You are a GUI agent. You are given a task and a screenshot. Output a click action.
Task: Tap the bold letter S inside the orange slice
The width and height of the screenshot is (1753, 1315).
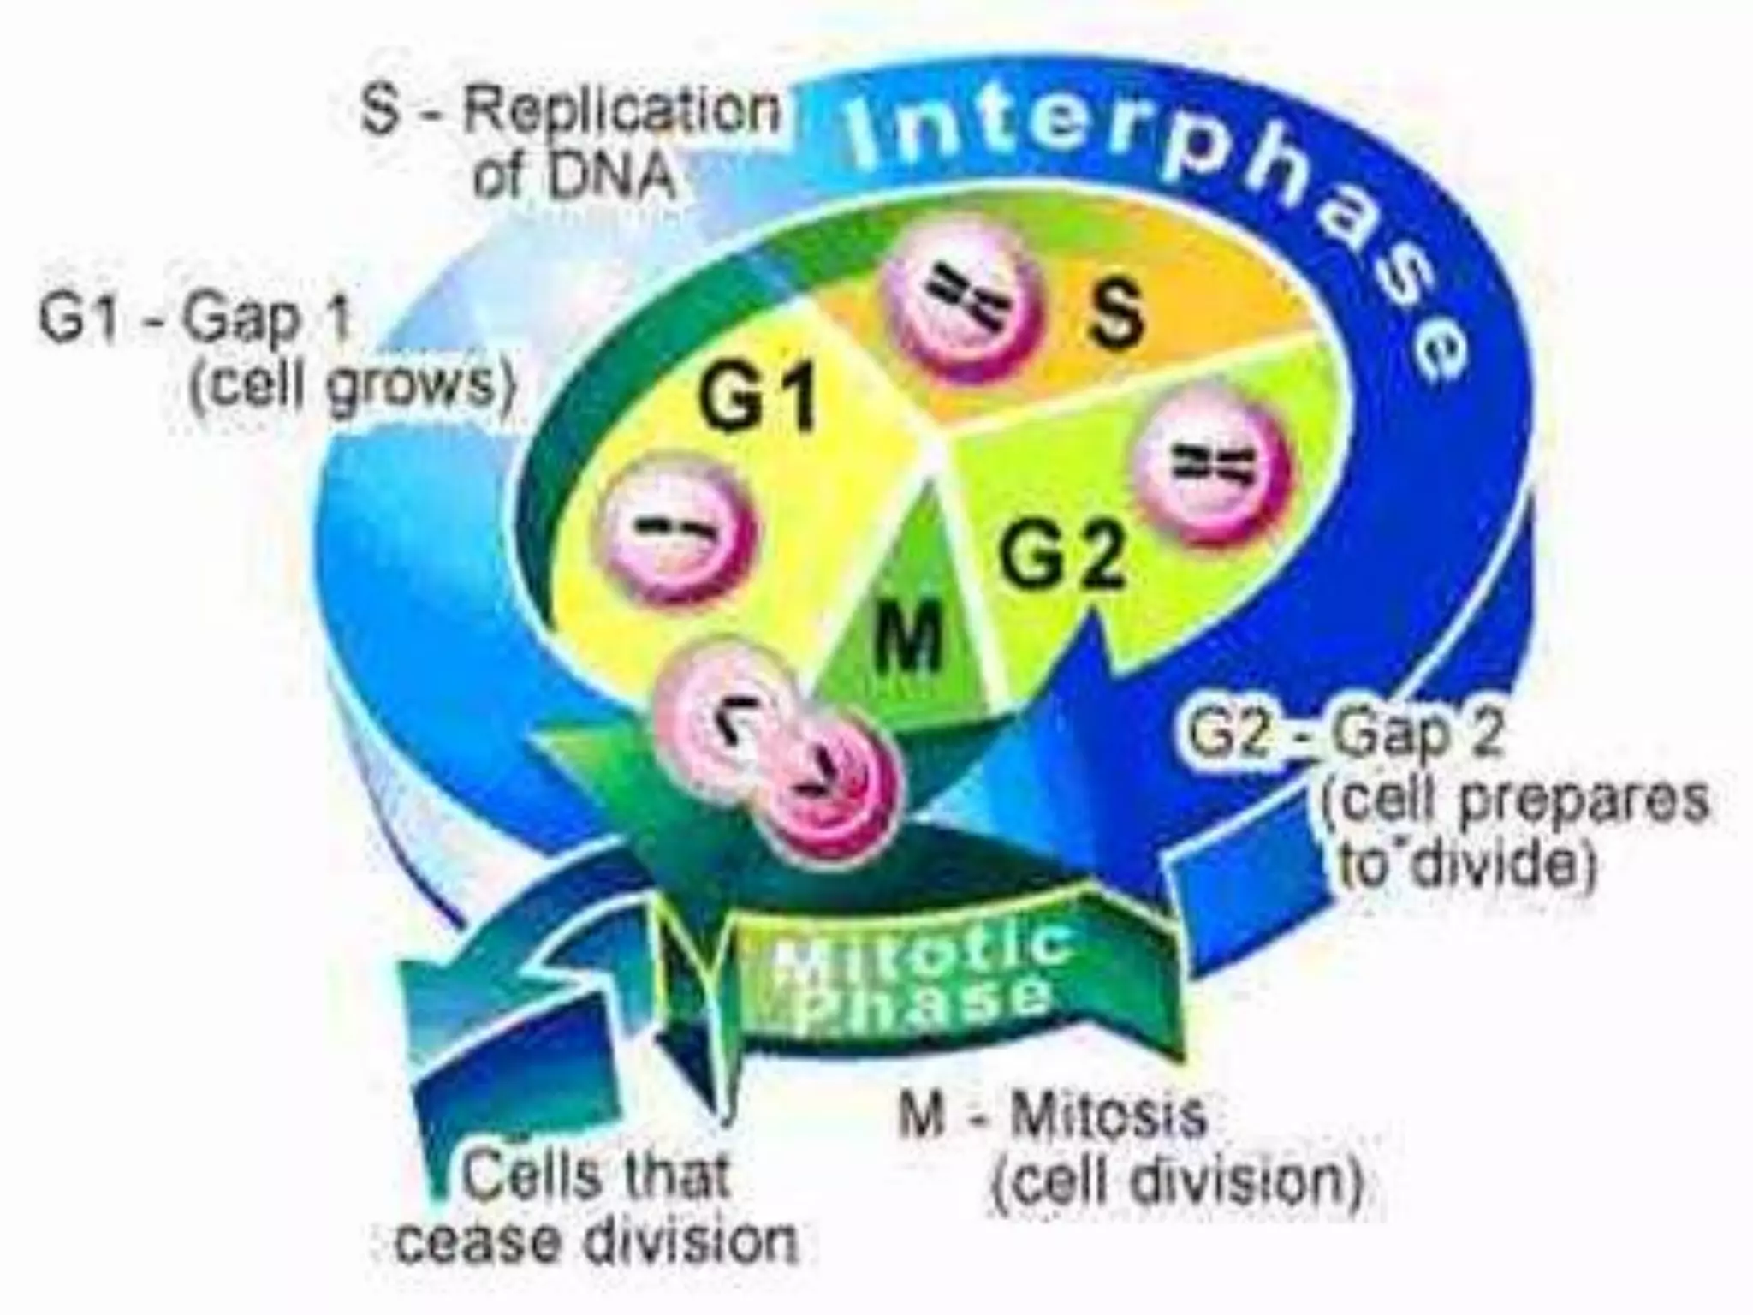[x=1115, y=312]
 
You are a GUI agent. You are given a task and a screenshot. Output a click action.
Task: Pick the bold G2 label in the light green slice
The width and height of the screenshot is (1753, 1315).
[x=1061, y=556]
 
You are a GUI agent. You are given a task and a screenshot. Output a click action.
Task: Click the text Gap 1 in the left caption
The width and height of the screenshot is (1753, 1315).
[x=265, y=318]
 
